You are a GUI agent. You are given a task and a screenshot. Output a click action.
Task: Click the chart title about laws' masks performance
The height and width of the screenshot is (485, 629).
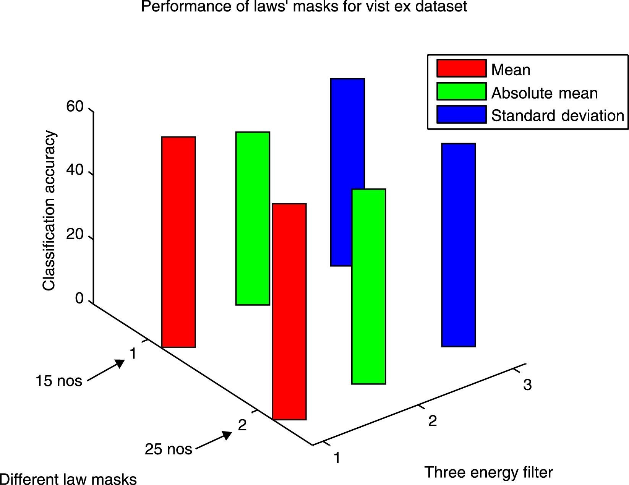pos(304,6)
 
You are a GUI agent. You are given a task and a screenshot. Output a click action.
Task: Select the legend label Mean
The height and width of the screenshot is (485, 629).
pos(511,70)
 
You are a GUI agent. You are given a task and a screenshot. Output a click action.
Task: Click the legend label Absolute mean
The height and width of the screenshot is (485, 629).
pos(544,93)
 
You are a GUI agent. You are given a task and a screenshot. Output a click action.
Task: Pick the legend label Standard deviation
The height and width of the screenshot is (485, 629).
pos(558,115)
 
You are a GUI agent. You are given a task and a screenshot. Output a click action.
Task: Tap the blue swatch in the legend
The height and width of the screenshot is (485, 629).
pos(461,114)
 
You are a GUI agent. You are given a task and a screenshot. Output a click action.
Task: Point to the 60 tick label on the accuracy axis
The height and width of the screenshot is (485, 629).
pos(75,107)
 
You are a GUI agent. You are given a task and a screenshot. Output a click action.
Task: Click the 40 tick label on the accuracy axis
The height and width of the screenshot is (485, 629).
pos(75,170)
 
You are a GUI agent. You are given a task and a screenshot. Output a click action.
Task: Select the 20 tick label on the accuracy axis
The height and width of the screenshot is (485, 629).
pos(75,234)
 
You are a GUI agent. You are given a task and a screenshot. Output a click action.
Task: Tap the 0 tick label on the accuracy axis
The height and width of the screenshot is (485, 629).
pos(79,298)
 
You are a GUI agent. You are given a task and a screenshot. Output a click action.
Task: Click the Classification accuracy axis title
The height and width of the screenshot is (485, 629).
pos(49,211)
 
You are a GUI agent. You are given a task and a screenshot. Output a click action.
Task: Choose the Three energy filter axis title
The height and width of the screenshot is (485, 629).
pos(488,472)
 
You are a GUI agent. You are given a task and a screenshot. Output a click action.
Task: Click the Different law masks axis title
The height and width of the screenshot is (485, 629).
pos(68,479)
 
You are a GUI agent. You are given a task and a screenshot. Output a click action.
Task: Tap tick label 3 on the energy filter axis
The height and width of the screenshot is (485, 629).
pos(527,385)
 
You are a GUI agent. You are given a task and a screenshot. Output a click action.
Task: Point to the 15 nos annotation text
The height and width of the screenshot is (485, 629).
pos(59,381)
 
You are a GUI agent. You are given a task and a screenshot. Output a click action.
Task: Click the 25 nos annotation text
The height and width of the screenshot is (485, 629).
pos(168,449)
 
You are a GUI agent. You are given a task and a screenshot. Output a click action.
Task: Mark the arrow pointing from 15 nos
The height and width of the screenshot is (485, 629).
pos(106,370)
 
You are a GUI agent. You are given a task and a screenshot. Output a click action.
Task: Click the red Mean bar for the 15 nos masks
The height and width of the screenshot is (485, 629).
pos(178,242)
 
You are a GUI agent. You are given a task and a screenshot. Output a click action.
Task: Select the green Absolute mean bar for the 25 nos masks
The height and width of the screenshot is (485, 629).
pos(368,286)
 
